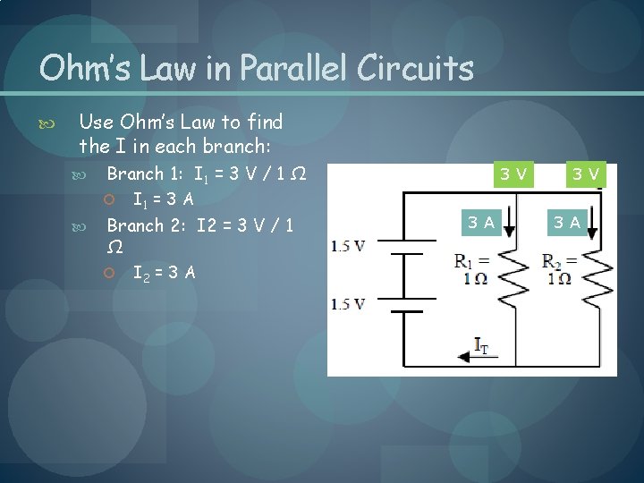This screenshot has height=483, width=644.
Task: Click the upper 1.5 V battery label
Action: click(x=347, y=246)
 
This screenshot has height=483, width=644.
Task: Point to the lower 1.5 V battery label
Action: click(x=347, y=304)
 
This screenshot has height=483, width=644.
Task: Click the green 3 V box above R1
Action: click(x=513, y=174)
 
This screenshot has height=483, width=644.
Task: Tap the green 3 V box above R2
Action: click(x=587, y=174)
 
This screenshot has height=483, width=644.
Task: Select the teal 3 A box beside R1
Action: click(x=479, y=223)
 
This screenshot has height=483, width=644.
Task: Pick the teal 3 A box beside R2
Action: click(x=566, y=223)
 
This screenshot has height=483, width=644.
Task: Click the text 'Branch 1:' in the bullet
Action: click(x=135, y=174)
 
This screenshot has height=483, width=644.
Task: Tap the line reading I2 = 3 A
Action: click(x=164, y=273)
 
